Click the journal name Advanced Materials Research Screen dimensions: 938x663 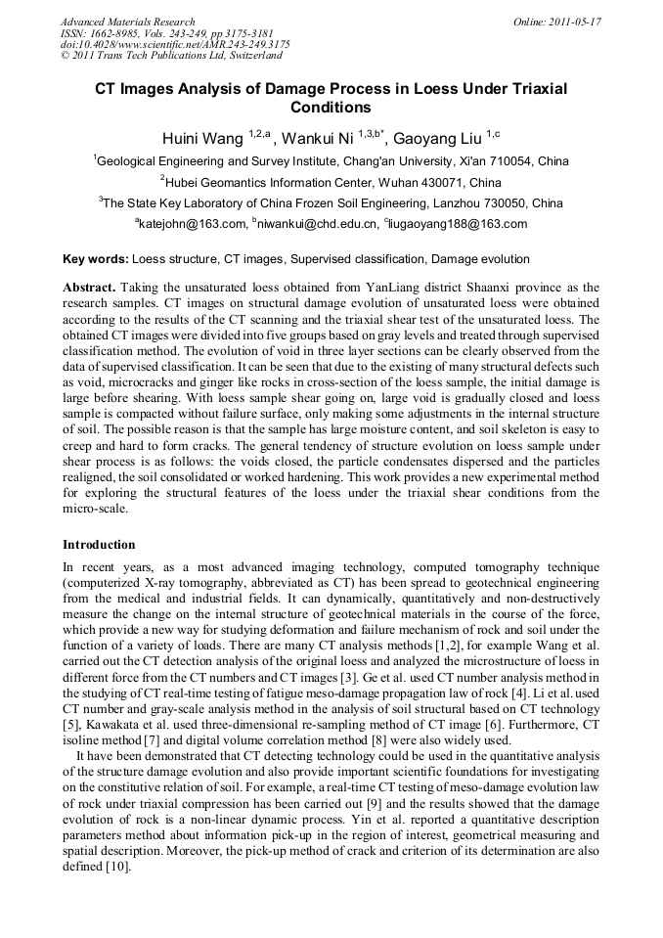[x=127, y=22]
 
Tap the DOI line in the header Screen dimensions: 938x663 [x=175, y=44]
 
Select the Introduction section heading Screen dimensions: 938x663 [x=99, y=544]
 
